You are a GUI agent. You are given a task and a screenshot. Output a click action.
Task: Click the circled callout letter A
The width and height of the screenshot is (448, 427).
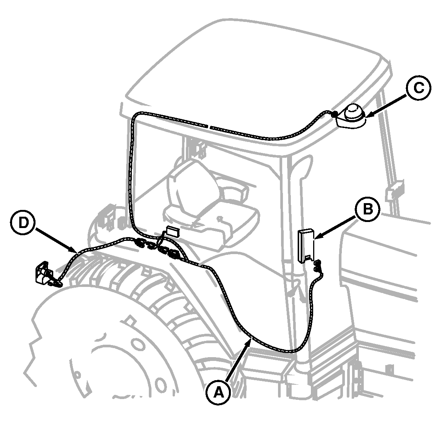point(219,393)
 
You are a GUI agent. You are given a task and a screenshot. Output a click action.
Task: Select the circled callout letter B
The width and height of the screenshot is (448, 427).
point(368,209)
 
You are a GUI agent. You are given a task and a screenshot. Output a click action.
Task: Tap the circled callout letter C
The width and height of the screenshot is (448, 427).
point(419,88)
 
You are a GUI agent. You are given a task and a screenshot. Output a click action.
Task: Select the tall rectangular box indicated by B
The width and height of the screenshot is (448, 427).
point(306,245)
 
